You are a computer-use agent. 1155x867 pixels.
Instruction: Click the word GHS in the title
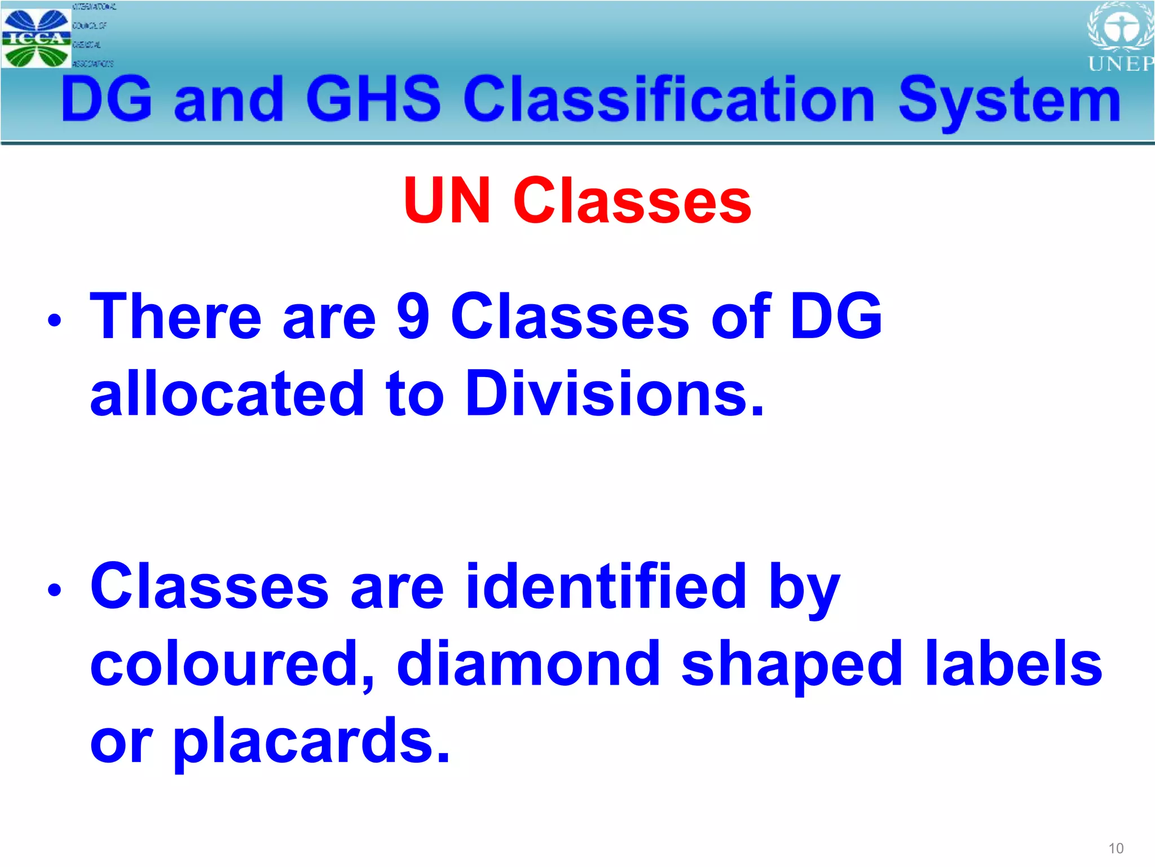pos(373,99)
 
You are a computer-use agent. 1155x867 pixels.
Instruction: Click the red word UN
pos(447,201)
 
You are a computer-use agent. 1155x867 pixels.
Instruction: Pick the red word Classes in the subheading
pos(632,201)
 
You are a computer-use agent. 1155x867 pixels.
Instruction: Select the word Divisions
pos(615,393)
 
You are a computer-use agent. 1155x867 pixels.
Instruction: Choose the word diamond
pos(528,664)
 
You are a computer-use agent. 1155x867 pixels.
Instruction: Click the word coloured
pos(232,664)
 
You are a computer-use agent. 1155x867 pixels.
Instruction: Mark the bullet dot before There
pos(54,320)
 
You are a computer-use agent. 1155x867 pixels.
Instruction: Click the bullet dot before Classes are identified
pos(54,590)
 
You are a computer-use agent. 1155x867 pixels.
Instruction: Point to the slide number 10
pos(1116,848)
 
